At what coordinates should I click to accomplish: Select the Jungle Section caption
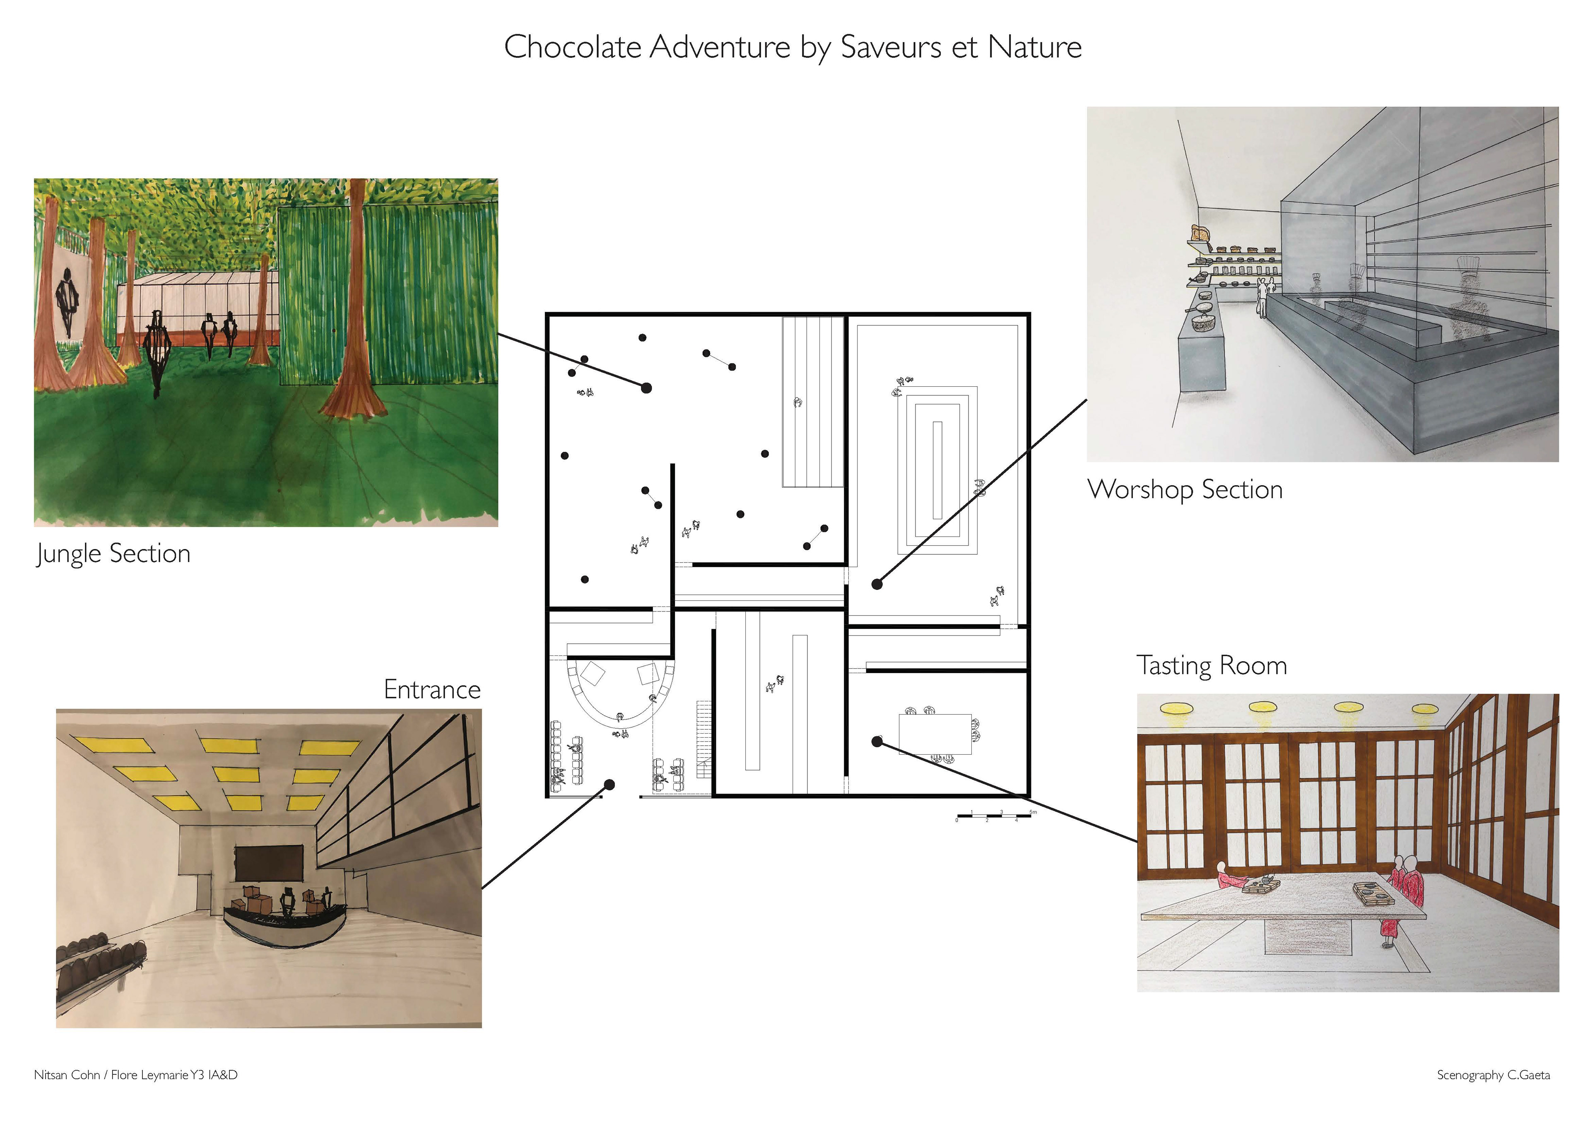(113, 554)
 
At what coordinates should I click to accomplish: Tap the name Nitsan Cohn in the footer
(67, 1075)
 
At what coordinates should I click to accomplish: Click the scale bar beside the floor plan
(994, 816)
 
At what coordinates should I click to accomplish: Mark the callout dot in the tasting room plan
(877, 742)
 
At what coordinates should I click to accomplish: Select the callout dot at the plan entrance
(609, 785)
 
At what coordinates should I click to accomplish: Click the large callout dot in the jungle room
(646, 388)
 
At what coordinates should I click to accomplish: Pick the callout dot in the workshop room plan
(877, 584)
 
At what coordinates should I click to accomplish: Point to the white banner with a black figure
(67, 301)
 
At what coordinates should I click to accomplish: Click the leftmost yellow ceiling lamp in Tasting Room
(1177, 708)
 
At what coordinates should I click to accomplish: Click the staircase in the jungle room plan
(812, 402)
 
